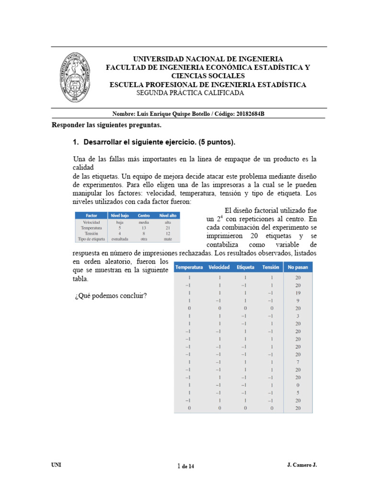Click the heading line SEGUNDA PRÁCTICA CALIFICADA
190,93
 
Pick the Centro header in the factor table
144,215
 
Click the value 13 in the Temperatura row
144,228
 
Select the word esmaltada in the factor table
120,238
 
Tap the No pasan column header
298,267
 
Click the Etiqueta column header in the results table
246,267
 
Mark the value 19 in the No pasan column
298,293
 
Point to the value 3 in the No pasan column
298,316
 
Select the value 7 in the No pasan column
298,362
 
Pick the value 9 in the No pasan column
298,301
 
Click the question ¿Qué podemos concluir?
110,295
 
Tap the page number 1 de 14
186,466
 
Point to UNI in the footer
56,465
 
